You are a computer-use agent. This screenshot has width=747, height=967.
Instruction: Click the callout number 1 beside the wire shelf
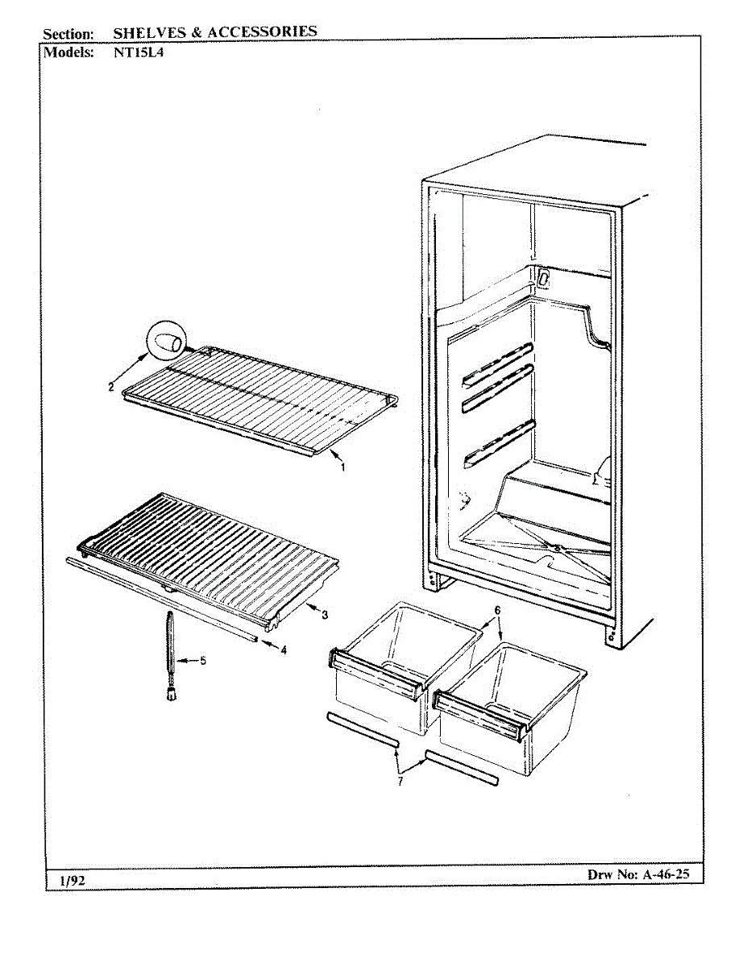342,467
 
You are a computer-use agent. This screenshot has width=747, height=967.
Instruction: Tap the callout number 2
111,386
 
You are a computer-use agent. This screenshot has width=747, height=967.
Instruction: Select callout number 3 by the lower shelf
324,616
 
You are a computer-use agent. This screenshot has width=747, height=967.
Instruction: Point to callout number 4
284,650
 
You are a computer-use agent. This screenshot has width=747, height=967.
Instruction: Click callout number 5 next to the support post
203,661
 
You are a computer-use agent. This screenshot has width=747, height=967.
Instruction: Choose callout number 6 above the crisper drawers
497,611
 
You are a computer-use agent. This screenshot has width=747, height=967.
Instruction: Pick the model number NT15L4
138,52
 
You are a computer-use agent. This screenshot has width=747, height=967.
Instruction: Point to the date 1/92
73,880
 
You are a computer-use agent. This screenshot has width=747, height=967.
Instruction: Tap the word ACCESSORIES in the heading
263,32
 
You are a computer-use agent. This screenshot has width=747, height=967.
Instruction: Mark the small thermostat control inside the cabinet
543,280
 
